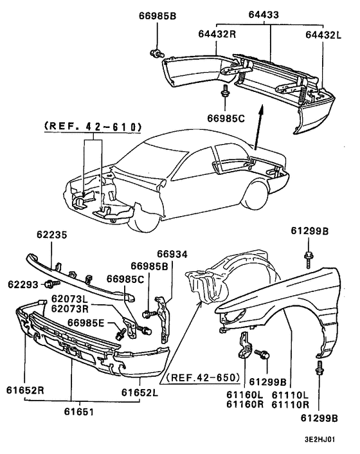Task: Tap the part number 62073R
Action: click(x=69, y=308)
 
